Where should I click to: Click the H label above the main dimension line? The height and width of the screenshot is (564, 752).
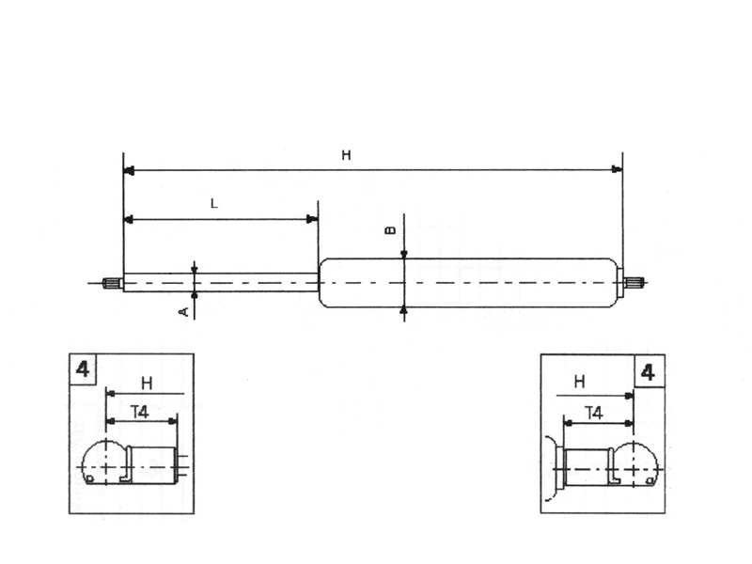(x=346, y=156)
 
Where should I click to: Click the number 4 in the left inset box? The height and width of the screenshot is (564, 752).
(x=83, y=368)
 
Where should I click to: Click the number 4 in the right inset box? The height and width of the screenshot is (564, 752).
(x=649, y=371)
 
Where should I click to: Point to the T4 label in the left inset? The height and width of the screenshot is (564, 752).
(x=140, y=410)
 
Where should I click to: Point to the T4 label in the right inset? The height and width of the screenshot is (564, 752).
(x=594, y=412)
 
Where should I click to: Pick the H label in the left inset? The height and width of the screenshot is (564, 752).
(x=147, y=383)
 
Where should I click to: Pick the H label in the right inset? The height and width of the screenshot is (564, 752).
(x=579, y=382)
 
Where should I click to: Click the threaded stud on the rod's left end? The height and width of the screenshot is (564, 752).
(x=112, y=282)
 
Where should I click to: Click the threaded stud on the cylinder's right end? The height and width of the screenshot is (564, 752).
(x=635, y=282)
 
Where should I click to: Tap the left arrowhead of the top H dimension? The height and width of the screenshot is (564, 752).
(x=130, y=171)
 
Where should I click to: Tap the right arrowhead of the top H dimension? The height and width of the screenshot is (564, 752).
(x=617, y=171)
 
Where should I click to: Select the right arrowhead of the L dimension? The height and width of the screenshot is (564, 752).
(x=312, y=220)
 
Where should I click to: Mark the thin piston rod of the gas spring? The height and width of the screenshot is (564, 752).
(x=226, y=282)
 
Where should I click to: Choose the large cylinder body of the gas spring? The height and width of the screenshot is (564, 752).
(x=470, y=282)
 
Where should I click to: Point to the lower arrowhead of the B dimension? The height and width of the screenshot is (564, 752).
(x=403, y=309)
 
